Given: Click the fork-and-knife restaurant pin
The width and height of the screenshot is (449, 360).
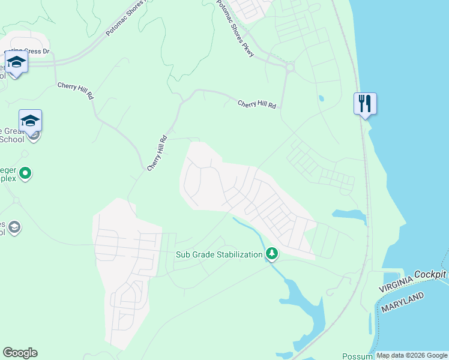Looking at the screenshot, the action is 365,103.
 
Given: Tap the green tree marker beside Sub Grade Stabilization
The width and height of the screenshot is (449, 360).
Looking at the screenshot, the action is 272,254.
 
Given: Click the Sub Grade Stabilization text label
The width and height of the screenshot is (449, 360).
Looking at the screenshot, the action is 219,254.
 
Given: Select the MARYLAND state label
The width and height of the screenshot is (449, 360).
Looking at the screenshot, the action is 403,302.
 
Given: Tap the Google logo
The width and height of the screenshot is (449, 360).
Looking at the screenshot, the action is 20,353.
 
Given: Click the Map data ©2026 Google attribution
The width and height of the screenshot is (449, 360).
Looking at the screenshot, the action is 412,355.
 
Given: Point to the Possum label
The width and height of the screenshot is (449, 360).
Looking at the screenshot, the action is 358,356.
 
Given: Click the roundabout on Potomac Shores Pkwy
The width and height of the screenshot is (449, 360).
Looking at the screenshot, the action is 290,67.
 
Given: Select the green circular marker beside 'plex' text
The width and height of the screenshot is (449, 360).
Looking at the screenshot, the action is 25,174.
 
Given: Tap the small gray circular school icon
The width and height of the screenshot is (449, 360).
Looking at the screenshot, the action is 14,227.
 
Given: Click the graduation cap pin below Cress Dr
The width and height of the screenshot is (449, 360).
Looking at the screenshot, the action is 16,62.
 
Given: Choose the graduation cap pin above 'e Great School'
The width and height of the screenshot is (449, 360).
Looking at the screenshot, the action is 30,121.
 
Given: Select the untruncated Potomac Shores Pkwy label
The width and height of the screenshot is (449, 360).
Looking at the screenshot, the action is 235,29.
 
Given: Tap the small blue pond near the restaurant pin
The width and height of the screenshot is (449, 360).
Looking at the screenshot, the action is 322,98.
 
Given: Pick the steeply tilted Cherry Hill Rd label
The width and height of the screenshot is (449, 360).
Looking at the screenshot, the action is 157,153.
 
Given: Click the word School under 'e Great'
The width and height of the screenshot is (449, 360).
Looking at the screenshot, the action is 12,139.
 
